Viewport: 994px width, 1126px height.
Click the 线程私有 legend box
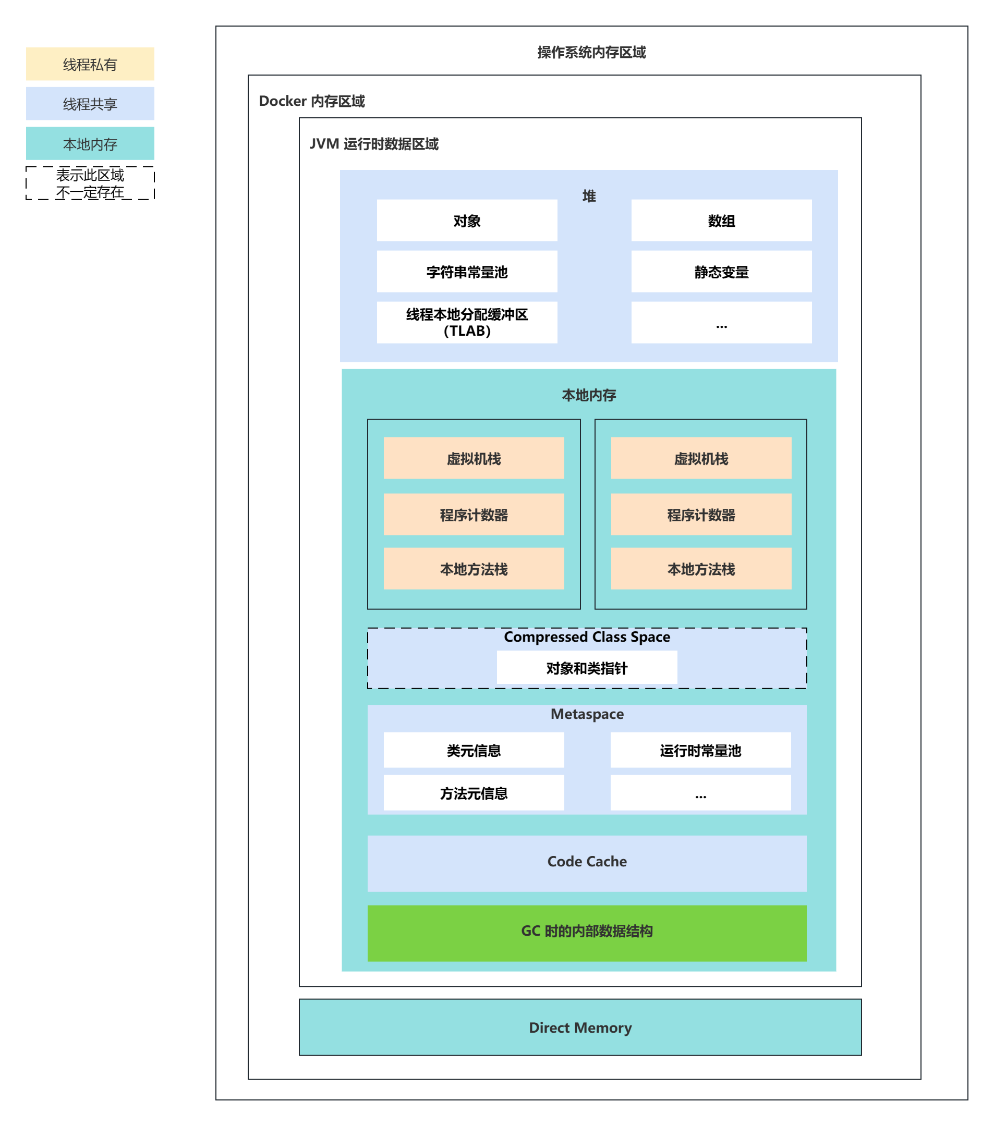click(x=90, y=64)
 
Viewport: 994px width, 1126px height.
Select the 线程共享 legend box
click(x=90, y=104)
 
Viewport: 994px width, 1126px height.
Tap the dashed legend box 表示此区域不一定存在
click(x=90, y=183)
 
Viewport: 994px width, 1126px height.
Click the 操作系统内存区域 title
click(x=591, y=52)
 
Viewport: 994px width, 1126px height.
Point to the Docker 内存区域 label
click(x=312, y=101)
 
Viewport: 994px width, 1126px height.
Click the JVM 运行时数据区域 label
click(x=373, y=144)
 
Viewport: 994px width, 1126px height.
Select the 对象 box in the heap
click(x=467, y=221)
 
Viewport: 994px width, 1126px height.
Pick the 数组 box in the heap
click(x=721, y=221)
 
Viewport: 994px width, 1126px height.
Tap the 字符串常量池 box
click(x=467, y=272)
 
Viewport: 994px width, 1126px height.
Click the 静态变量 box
click(x=721, y=272)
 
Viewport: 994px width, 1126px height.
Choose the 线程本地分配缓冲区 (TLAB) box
click(x=467, y=322)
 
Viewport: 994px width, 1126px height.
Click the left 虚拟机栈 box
click(x=474, y=458)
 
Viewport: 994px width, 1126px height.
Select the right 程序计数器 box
click(x=701, y=515)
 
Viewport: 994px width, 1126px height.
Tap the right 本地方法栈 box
click(x=701, y=569)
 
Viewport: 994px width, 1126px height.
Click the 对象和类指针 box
click(x=587, y=668)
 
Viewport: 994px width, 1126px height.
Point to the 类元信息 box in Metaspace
click(x=474, y=750)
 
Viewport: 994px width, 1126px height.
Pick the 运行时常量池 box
click(x=700, y=750)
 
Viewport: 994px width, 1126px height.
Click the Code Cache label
click(x=587, y=861)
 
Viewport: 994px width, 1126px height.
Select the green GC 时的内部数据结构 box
click(x=587, y=931)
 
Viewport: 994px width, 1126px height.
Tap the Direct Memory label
click(x=580, y=1027)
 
